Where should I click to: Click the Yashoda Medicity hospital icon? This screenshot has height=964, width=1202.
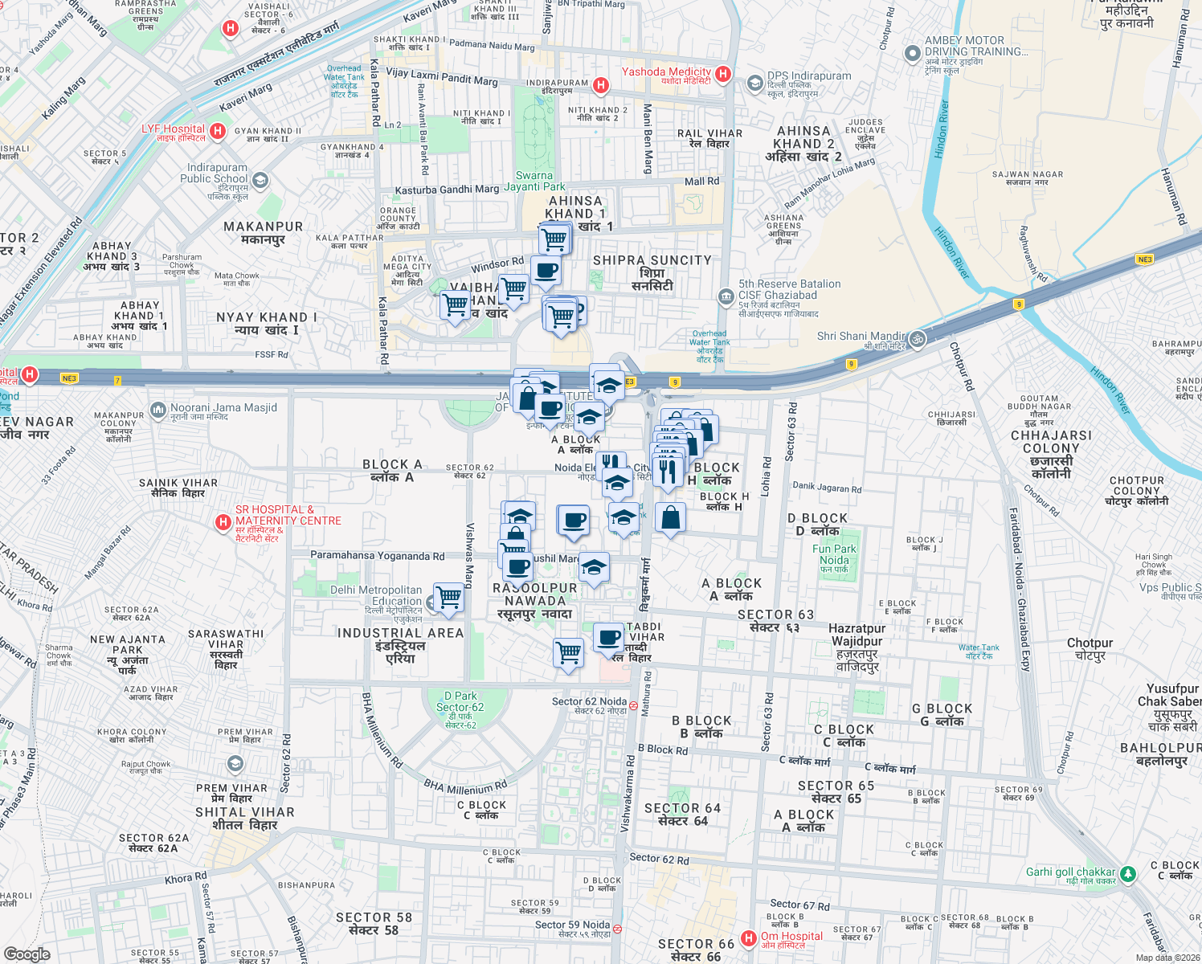tap(723, 74)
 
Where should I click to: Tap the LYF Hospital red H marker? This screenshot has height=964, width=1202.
tap(217, 130)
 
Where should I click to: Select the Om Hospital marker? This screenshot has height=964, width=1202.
tap(748, 937)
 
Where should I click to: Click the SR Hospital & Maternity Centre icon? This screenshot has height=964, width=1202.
tap(223, 523)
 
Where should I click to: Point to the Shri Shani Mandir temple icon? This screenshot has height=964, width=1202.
tap(918, 339)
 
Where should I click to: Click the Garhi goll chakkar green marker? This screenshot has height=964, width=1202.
tap(1128, 873)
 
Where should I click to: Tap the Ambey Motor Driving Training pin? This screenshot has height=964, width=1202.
tap(912, 54)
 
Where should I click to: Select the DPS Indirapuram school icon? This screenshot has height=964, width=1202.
tap(754, 83)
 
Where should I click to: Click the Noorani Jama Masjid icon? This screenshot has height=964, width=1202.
tap(158, 411)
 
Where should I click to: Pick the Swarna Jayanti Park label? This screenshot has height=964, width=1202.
tap(534, 181)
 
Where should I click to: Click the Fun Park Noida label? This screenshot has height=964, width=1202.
tap(834, 554)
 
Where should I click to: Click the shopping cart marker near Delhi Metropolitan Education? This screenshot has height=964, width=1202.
tap(449, 598)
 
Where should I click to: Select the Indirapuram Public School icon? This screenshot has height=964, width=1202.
tap(260, 181)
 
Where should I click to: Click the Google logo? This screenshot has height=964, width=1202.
tap(27, 954)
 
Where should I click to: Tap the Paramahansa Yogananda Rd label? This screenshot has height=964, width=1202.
tap(377, 555)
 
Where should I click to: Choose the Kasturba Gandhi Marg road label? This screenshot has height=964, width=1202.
tap(447, 190)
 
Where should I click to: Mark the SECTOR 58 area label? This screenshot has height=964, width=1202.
tap(374, 923)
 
